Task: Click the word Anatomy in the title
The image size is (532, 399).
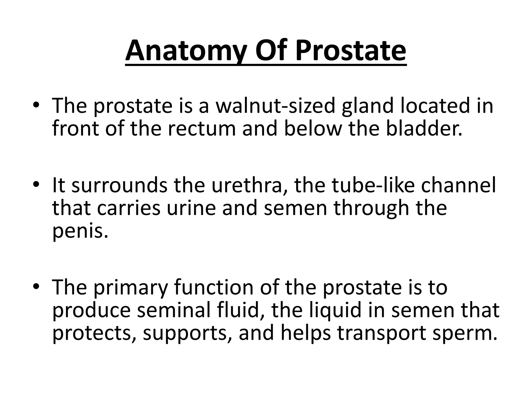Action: coord(185,51)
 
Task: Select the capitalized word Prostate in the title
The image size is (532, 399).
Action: coord(350,51)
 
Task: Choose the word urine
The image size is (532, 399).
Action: coord(191,208)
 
